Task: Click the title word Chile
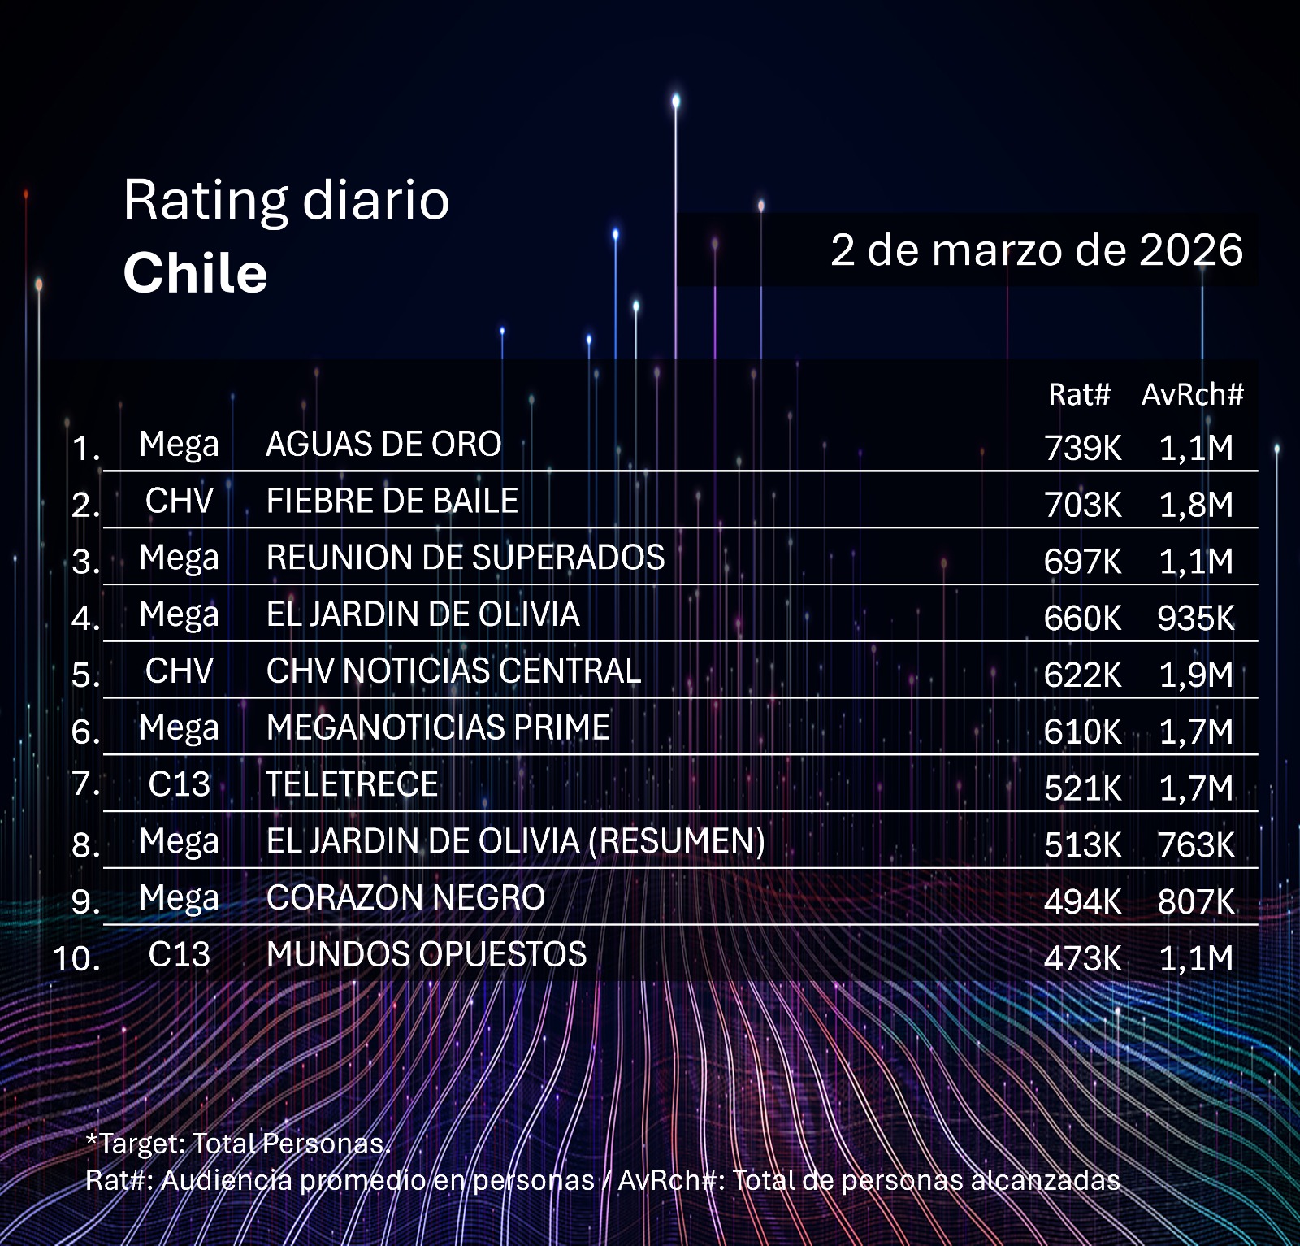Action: point(195,273)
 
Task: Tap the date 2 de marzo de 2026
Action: point(1036,250)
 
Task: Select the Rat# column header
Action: point(1078,395)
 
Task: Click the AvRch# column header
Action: point(1192,395)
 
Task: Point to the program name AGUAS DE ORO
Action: point(383,445)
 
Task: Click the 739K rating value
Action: point(1082,448)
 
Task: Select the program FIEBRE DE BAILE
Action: point(392,501)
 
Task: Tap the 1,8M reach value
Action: point(1196,505)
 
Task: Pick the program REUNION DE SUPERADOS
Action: point(466,558)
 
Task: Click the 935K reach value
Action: point(1196,619)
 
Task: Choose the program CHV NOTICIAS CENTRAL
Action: point(453,671)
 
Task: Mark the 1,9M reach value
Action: point(1196,675)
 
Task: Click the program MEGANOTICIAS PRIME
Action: point(438,727)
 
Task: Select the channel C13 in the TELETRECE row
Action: point(179,784)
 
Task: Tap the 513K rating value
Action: point(1082,845)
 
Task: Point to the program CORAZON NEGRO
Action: point(405,898)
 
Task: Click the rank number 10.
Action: point(76,959)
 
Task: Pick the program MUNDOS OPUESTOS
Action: point(427,955)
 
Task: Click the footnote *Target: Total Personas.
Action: point(238,1144)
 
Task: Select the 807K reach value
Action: point(1196,902)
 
